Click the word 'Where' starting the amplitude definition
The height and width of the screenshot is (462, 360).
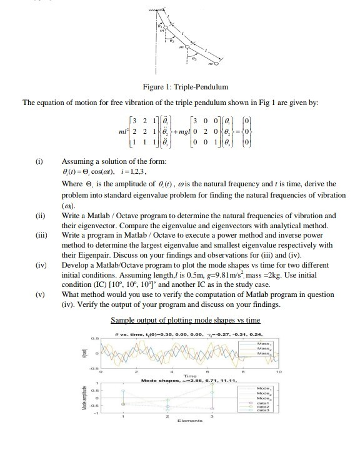coord(73,184)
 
